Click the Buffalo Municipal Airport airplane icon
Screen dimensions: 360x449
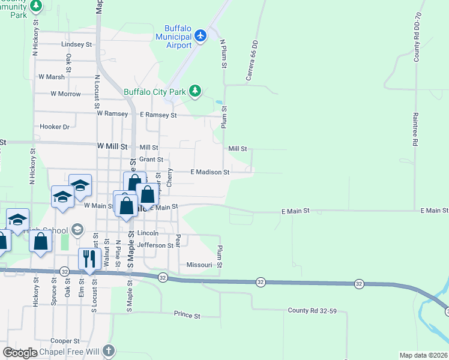tap(200, 36)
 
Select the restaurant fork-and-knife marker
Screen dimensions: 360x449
tap(88, 259)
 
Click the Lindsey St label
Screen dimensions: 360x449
tap(76, 44)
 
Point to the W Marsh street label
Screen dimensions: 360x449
tap(51, 77)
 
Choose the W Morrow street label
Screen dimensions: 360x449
tap(65, 94)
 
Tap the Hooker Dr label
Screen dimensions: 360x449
tap(55, 127)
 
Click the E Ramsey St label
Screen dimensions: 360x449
tap(158, 115)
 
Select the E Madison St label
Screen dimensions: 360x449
tap(210, 172)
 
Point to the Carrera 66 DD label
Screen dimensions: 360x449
tap(252, 61)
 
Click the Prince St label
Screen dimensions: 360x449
tap(187, 314)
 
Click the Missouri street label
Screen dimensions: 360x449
tap(199, 265)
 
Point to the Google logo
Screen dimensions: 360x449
tap(20, 352)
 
